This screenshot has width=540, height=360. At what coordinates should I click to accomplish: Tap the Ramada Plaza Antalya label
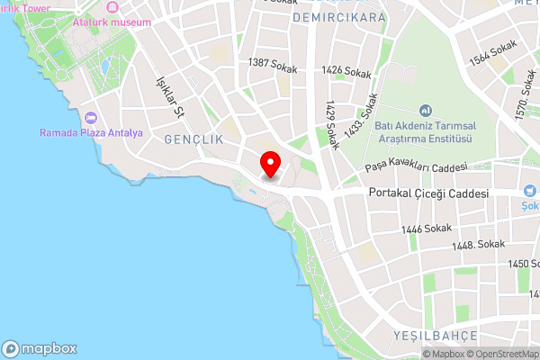[x=91, y=133]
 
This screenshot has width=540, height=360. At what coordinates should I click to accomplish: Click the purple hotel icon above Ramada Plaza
[x=90, y=118]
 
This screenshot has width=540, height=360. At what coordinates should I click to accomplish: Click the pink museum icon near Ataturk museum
[x=112, y=7]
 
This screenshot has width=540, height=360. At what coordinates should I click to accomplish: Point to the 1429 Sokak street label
[x=332, y=124]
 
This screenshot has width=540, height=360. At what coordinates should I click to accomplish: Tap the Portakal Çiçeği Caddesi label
[x=429, y=193]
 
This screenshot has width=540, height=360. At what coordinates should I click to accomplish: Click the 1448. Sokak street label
[x=478, y=244]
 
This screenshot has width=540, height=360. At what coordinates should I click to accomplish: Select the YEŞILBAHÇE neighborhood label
[x=433, y=335]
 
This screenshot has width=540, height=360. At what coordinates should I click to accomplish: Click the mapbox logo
[x=40, y=348]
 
